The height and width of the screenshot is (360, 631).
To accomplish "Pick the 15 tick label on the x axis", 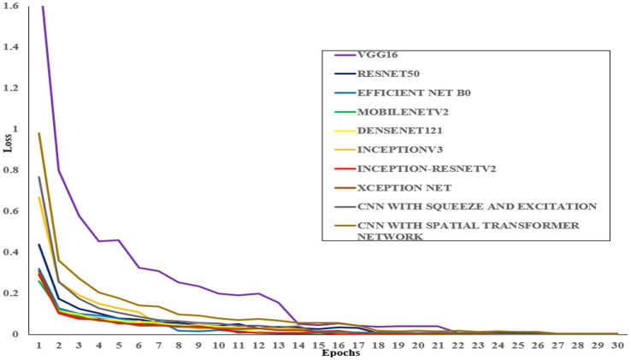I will [x=319, y=345].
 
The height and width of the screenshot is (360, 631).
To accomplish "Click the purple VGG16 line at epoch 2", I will [x=59, y=170].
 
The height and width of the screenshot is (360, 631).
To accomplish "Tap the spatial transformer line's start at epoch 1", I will [x=39, y=133].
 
